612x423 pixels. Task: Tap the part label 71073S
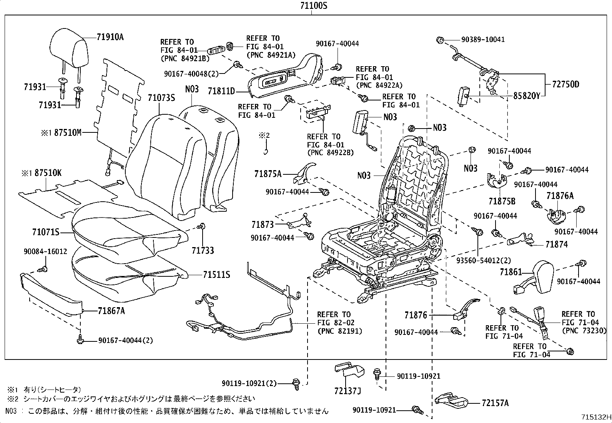click(161, 98)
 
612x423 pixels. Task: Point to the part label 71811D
click(221, 91)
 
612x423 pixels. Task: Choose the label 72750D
click(565, 84)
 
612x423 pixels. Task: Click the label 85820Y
click(526, 96)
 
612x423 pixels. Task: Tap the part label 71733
click(203, 251)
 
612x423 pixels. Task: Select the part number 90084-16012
click(45, 252)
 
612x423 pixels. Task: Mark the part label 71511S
click(216, 275)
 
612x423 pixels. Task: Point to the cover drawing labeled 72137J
click(349, 371)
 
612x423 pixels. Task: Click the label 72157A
click(495, 403)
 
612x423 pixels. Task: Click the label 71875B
click(502, 201)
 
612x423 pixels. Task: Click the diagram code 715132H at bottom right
click(595, 417)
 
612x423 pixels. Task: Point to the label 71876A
click(559, 196)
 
